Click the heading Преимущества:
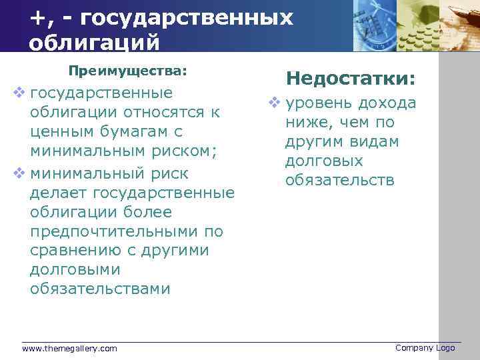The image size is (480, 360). click(x=128, y=70)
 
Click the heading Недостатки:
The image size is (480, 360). click(x=351, y=79)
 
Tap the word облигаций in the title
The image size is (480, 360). click(x=95, y=42)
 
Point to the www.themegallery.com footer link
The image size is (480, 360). click(x=69, y=348)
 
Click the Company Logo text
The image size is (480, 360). click(x=425, y=347)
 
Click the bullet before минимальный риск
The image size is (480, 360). click(x=20, y=173)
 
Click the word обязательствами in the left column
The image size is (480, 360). click(x=100, y=289)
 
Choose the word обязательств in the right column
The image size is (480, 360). click(x=340, y=181)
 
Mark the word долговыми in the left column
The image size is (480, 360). click(x=75, y=270)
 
